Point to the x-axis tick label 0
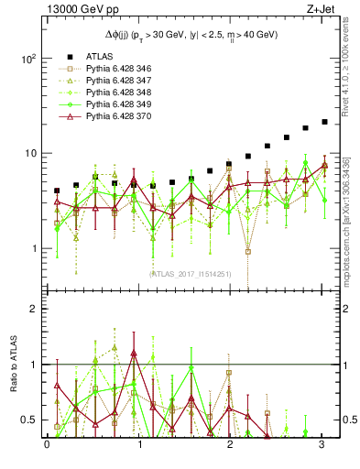(47, 445)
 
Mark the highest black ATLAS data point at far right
(324, 121)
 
